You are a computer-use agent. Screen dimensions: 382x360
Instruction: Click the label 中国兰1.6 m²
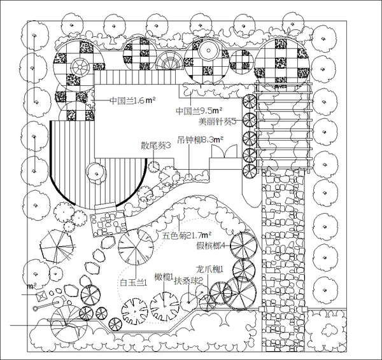[x=132, y=100]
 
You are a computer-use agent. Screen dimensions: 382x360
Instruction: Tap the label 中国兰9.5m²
[x=199, y=111]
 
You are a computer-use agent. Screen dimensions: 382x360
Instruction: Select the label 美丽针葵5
[x=217, y=121]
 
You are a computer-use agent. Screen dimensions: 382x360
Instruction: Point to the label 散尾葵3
[x=156, y=146]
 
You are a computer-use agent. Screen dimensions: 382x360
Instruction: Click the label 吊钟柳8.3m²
[x=201, y=140]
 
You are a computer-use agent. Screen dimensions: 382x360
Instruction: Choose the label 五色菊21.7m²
[x=187, y=235]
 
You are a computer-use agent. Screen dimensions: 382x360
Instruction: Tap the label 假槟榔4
[x=211, y=246]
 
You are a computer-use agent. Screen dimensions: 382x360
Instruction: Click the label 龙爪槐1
[x=209, y=270]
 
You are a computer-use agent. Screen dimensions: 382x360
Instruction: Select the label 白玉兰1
[x=134, y=282]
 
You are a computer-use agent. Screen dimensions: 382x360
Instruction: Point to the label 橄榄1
[x=164, y=277]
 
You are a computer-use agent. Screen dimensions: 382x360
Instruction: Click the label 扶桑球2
[x=188, y=281]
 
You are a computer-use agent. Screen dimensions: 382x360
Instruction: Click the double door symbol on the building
[x=224, y=151]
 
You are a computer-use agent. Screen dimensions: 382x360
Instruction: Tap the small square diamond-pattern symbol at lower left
[x=41, y=296]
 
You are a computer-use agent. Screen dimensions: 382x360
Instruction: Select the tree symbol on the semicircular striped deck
[x=97, y=174]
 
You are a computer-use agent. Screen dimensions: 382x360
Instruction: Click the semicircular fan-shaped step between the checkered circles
[x=170, y=60]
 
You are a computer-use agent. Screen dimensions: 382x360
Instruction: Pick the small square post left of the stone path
[x=262, y=309]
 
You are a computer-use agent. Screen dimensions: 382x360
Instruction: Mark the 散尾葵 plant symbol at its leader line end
[x=153, y=167]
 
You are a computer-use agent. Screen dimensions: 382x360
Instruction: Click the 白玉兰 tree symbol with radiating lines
[x=136, y=247]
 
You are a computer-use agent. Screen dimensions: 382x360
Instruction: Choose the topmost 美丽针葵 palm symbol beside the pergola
[x=250, y=101]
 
